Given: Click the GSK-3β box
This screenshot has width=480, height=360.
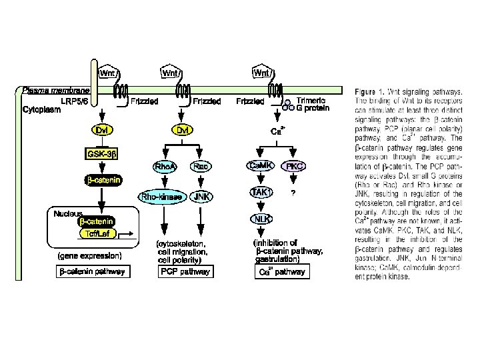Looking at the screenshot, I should point(101,155).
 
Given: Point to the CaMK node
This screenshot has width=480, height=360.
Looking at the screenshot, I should point(259,165).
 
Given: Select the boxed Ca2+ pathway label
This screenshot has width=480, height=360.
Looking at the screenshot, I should point(282,271).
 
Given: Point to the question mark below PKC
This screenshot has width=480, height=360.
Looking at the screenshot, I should point(293,193).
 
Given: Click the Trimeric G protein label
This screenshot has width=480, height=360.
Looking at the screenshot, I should point(311,104).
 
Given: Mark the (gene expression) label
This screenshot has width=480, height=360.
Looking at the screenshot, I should point(89,255).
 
